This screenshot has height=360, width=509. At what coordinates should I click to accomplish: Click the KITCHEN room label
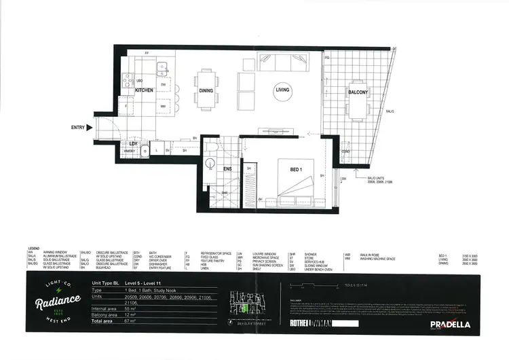coord(144,90)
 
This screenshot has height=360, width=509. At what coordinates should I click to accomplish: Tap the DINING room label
coord(206,90)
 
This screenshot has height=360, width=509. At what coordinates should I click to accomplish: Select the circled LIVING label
coord(282,90)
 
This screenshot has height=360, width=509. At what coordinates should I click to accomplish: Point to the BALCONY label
coord(358,92)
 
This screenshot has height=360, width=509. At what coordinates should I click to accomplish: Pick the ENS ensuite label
coord(228,169)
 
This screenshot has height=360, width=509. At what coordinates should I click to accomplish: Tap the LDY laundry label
coord(134,143)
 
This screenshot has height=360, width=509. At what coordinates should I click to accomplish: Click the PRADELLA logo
coord(451,326)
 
